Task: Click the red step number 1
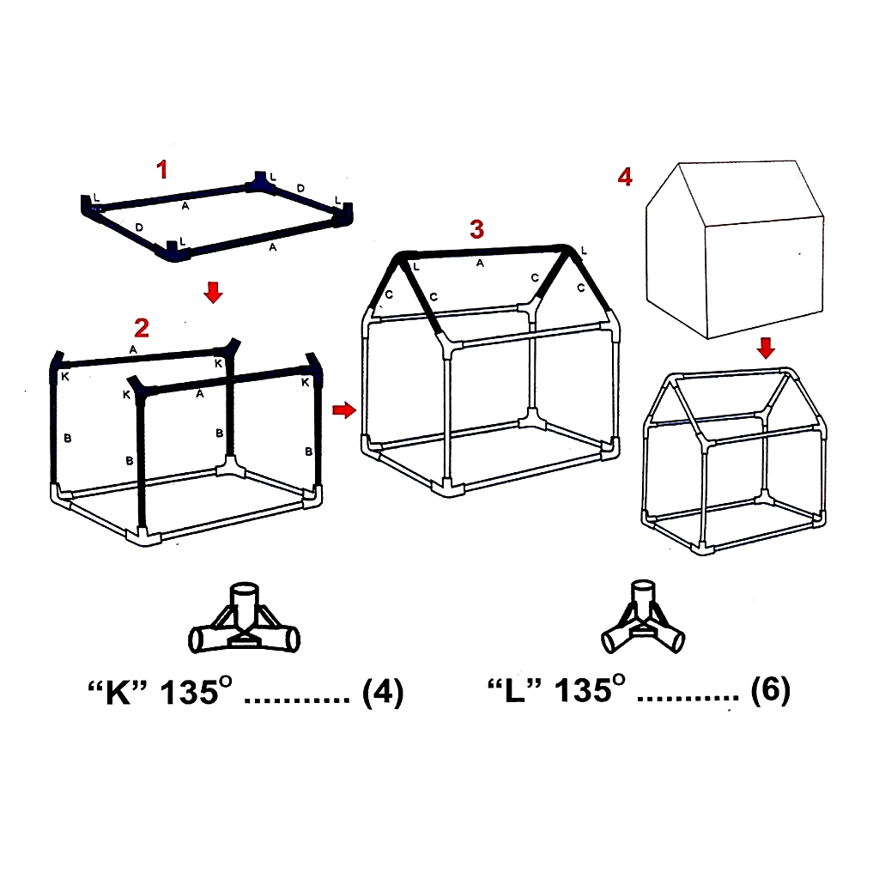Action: click(162, 169)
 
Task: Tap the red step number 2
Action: click(142, 328)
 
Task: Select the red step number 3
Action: click(477, 229)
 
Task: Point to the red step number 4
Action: click(625, 177)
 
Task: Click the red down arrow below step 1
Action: click(213, 292)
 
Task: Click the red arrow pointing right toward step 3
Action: click(344, 409)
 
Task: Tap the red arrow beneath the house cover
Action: click(766, 349)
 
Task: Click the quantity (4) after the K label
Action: click(383, 692)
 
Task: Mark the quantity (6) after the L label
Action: click(770, 690)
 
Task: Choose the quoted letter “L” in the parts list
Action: click(514, 691)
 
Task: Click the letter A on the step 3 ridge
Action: click(480, 263)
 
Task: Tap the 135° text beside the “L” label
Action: click(590, 689)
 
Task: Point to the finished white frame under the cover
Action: click(735, 461)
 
